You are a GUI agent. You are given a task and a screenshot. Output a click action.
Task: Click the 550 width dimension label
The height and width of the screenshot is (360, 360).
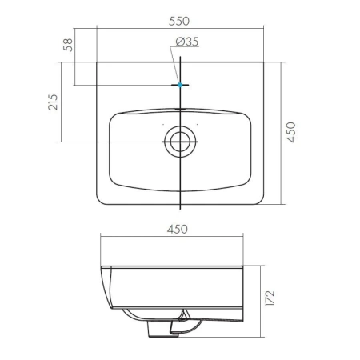(x=179, y=21)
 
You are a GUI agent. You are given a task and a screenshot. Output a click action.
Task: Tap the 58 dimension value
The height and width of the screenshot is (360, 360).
(x=68, y=45)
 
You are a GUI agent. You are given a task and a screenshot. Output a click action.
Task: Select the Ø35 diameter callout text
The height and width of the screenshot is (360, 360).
(x=187, y=42)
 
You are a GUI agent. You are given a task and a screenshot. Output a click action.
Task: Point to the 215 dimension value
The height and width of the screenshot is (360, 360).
(x=53, y=102)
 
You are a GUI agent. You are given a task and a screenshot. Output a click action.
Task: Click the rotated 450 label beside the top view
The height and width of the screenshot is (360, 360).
(x=290, y=132)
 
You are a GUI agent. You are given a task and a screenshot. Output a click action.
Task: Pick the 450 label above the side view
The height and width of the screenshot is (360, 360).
(x=178, y=229)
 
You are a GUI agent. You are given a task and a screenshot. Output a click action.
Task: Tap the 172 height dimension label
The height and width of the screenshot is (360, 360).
(x=270, y=298)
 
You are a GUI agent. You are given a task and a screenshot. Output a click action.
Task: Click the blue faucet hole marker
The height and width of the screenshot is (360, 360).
(x=180, y=85)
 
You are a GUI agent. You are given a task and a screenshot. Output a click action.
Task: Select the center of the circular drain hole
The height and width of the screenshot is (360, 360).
(x=180, y=142)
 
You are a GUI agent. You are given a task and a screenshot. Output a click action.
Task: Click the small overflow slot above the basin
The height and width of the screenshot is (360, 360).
(x=181, y=109)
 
